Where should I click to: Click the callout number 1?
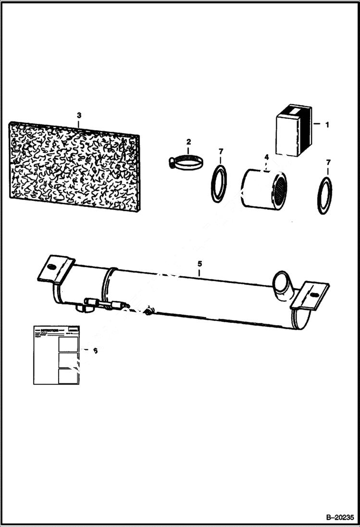pos(327,125)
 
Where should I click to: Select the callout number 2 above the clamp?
pos(188,142)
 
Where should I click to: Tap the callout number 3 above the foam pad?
pos(79,115)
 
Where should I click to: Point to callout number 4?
pos(266,157)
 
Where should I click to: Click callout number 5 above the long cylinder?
pos(199,264)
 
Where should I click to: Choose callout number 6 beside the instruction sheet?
pos(95,351)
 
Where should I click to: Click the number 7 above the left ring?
pos(221,152)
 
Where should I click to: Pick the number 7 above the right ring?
pos(328,163)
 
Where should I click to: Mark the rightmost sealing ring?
pos(325,195)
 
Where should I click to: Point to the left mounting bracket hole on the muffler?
pos(53,267)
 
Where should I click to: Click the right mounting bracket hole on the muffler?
pos(314,294)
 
